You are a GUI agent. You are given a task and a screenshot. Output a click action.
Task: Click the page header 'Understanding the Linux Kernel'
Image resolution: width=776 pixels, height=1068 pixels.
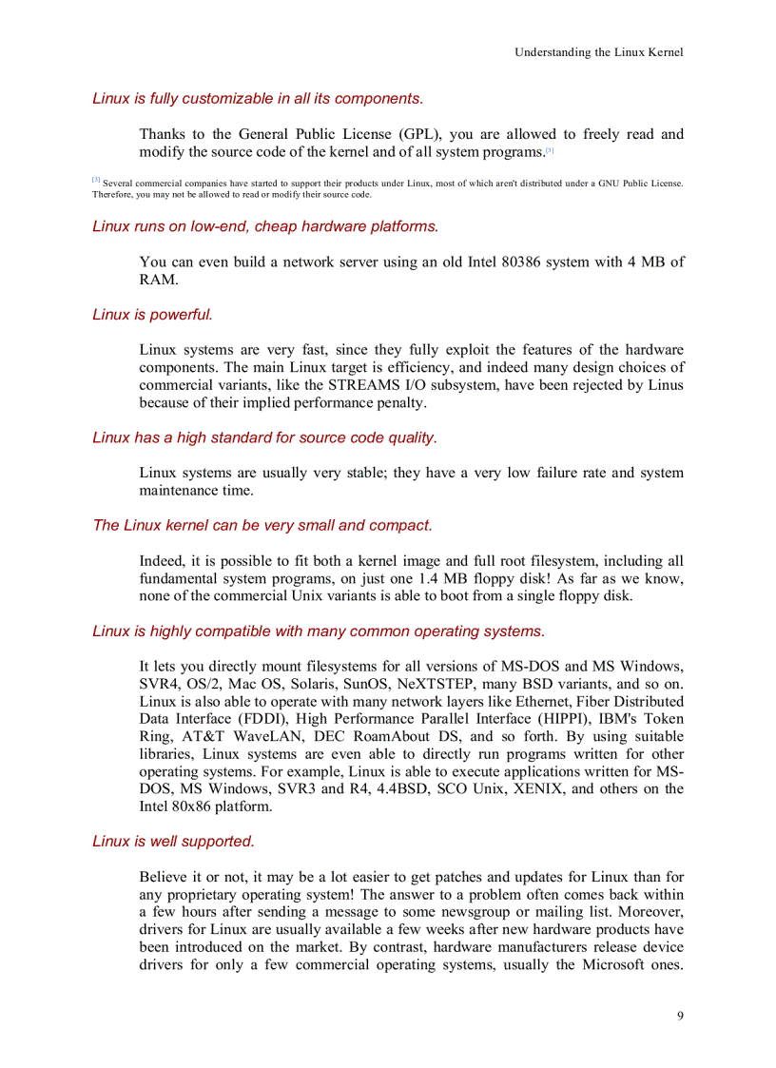pos(598,52)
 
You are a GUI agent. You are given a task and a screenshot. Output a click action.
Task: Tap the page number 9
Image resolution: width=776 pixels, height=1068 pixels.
pos(679,1016)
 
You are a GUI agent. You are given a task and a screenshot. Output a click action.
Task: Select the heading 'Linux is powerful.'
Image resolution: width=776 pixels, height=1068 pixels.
pos(152,315)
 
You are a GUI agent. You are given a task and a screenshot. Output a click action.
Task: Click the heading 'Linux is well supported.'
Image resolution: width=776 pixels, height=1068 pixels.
pos(173,842)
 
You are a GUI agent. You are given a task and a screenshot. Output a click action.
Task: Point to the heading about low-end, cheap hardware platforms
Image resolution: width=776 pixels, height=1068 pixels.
pos(265,226)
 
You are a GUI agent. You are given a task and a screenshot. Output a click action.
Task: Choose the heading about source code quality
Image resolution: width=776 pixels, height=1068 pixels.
pos(264,437)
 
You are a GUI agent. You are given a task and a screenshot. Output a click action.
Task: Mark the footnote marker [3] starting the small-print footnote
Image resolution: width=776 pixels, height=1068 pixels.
pos(96,181)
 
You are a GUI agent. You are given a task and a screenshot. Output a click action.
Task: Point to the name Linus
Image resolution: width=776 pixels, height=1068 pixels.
pos(663,385)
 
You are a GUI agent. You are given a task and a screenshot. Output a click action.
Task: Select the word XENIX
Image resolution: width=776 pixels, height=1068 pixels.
pos(540,788)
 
